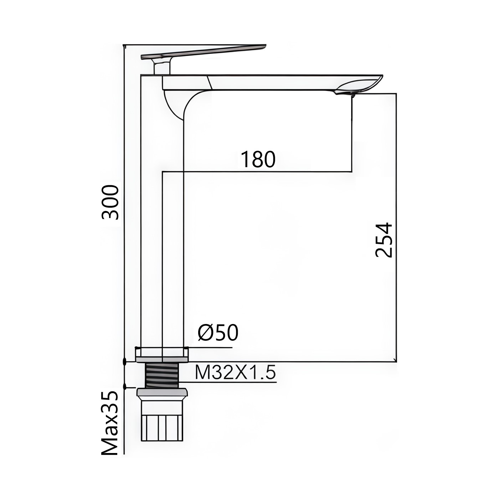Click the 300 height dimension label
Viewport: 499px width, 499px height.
point(111,202)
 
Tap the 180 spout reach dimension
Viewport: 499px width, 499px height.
point(258,159)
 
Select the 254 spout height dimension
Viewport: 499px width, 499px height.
point(384,240)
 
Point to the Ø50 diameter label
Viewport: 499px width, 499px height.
point(218,333)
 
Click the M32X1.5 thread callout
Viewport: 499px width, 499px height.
point(235,373)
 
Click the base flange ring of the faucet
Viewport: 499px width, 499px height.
point(162,354)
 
